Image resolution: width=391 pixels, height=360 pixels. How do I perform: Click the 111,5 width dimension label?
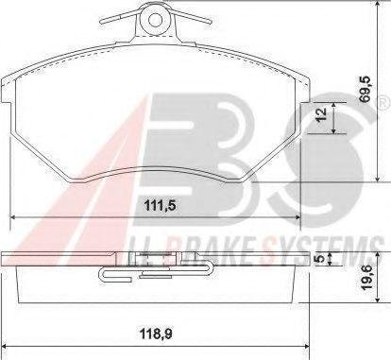[159, 206]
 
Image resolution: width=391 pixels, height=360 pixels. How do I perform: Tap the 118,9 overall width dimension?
[157, 334]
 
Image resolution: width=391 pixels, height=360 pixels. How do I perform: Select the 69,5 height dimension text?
[365, 90]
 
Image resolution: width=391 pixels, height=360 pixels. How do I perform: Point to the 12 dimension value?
[321, 114]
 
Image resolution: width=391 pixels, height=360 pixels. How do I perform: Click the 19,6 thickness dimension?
[367, 277]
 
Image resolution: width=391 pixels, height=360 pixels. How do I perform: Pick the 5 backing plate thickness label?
[320, 258]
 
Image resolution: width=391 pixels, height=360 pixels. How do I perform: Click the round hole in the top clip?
[155, 21]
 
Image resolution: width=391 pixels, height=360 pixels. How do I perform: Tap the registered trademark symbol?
[384, 103]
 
